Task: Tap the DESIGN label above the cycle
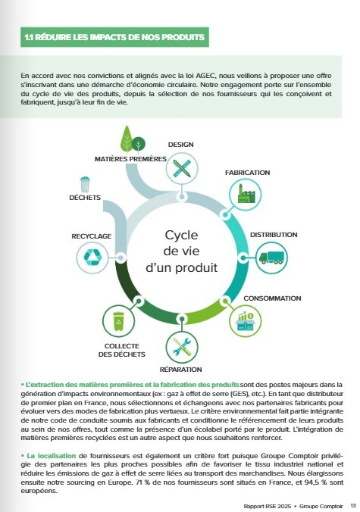point(180,143)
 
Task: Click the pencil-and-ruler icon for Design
point(181,167)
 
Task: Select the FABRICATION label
point(247,173)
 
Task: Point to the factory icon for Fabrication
point(246,197)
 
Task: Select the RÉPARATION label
point(181,369)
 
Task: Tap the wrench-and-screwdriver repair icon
point(181,347)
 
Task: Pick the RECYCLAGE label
point(92,236)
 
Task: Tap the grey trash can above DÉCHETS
point(85,183)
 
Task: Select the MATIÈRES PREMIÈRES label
point(130,159)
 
